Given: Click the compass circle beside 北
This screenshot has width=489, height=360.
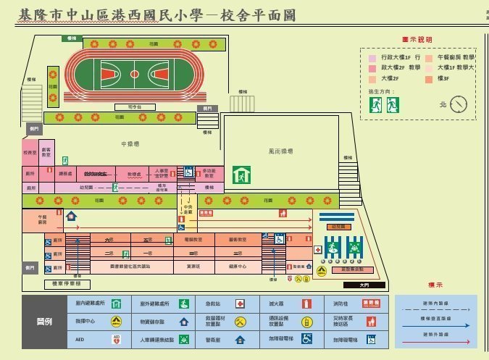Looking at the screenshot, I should (x=459, y=105).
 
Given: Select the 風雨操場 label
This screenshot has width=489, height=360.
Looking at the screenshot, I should (x=280, y=151).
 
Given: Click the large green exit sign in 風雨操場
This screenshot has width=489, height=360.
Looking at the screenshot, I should (x=241, y=175).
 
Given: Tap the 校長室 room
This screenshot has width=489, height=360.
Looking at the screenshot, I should (x=30, y=153).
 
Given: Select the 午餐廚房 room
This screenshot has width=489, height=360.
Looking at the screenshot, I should (x=42, y=221).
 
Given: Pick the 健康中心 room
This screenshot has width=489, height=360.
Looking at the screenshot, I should (x=238, y=267).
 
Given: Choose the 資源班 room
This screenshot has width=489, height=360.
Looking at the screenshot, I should (x=193, y=267).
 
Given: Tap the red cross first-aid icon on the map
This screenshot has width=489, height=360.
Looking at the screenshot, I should (x=317, y=250).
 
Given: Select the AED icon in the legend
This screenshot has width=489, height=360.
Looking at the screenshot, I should (x=116, y=338).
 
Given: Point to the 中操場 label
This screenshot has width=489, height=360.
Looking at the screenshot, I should (x=130, y=143).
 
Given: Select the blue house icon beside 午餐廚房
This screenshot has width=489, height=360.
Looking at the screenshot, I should (x=71, y=216).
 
